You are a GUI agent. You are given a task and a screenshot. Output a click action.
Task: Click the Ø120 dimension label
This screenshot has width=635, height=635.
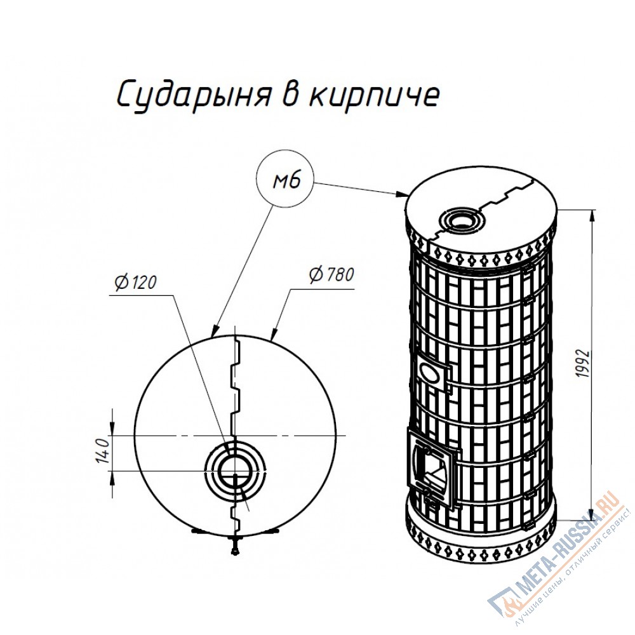point(135,283)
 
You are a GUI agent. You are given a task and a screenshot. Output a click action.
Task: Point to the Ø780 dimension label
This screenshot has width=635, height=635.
point(331,274)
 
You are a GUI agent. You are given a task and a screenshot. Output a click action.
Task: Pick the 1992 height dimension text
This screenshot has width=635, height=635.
point(582,364)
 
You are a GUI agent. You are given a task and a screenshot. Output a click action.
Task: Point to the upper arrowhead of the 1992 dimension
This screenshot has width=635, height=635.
point(593,215)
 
